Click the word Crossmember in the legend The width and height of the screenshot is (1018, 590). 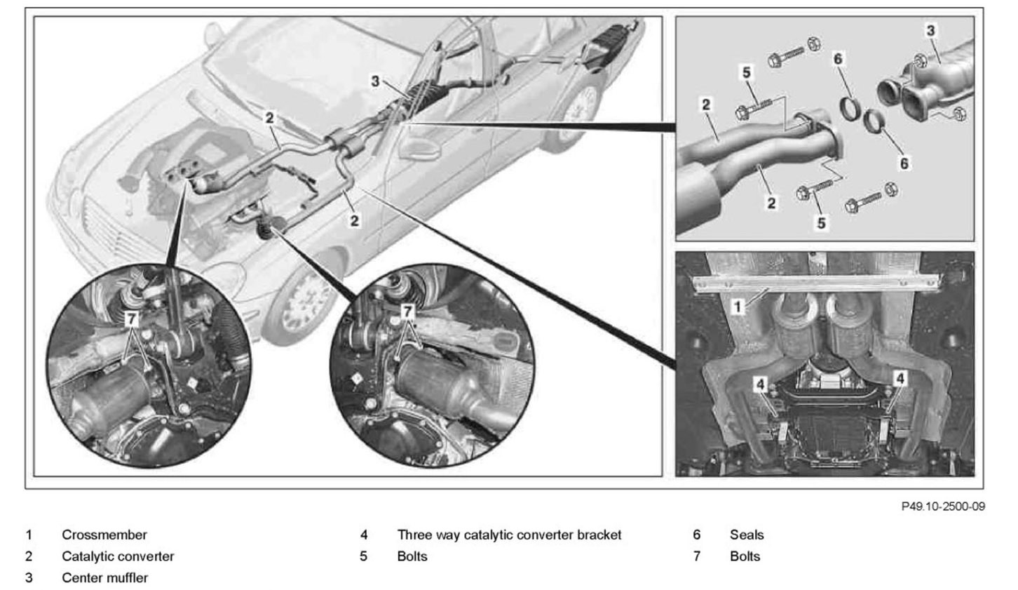[x=104, y=535]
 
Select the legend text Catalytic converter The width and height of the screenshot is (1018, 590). [x=118, y=556]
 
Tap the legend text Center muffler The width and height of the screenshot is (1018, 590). [x=104, y=578]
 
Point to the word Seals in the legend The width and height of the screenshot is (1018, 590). [x=747, y=535]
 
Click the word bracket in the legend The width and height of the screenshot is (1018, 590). [x=599, y=535]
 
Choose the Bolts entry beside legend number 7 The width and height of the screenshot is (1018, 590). [x=745, y=556]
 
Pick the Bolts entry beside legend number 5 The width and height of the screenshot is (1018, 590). [x=412, y=556]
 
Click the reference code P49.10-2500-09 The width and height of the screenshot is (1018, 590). [x=943, y=507]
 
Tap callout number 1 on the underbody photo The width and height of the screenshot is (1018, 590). [x=737, y=307]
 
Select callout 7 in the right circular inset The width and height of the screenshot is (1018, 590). [x=407, y=309]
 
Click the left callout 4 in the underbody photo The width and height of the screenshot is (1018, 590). [x=761, y=383]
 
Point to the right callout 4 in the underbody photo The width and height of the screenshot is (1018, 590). [x=900, y=379]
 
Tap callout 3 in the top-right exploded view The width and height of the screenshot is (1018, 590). [x=930, y=31]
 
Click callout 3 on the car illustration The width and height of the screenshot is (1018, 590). [x=375, y=81]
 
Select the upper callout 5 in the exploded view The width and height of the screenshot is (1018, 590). [x=746, y=72]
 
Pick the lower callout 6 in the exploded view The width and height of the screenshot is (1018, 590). [x=904, y=163]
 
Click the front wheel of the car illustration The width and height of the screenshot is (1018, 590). [x=301, y=301]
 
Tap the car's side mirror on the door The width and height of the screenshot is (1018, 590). [x=417, y=149]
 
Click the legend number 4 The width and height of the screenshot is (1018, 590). [x=364, y=535]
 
